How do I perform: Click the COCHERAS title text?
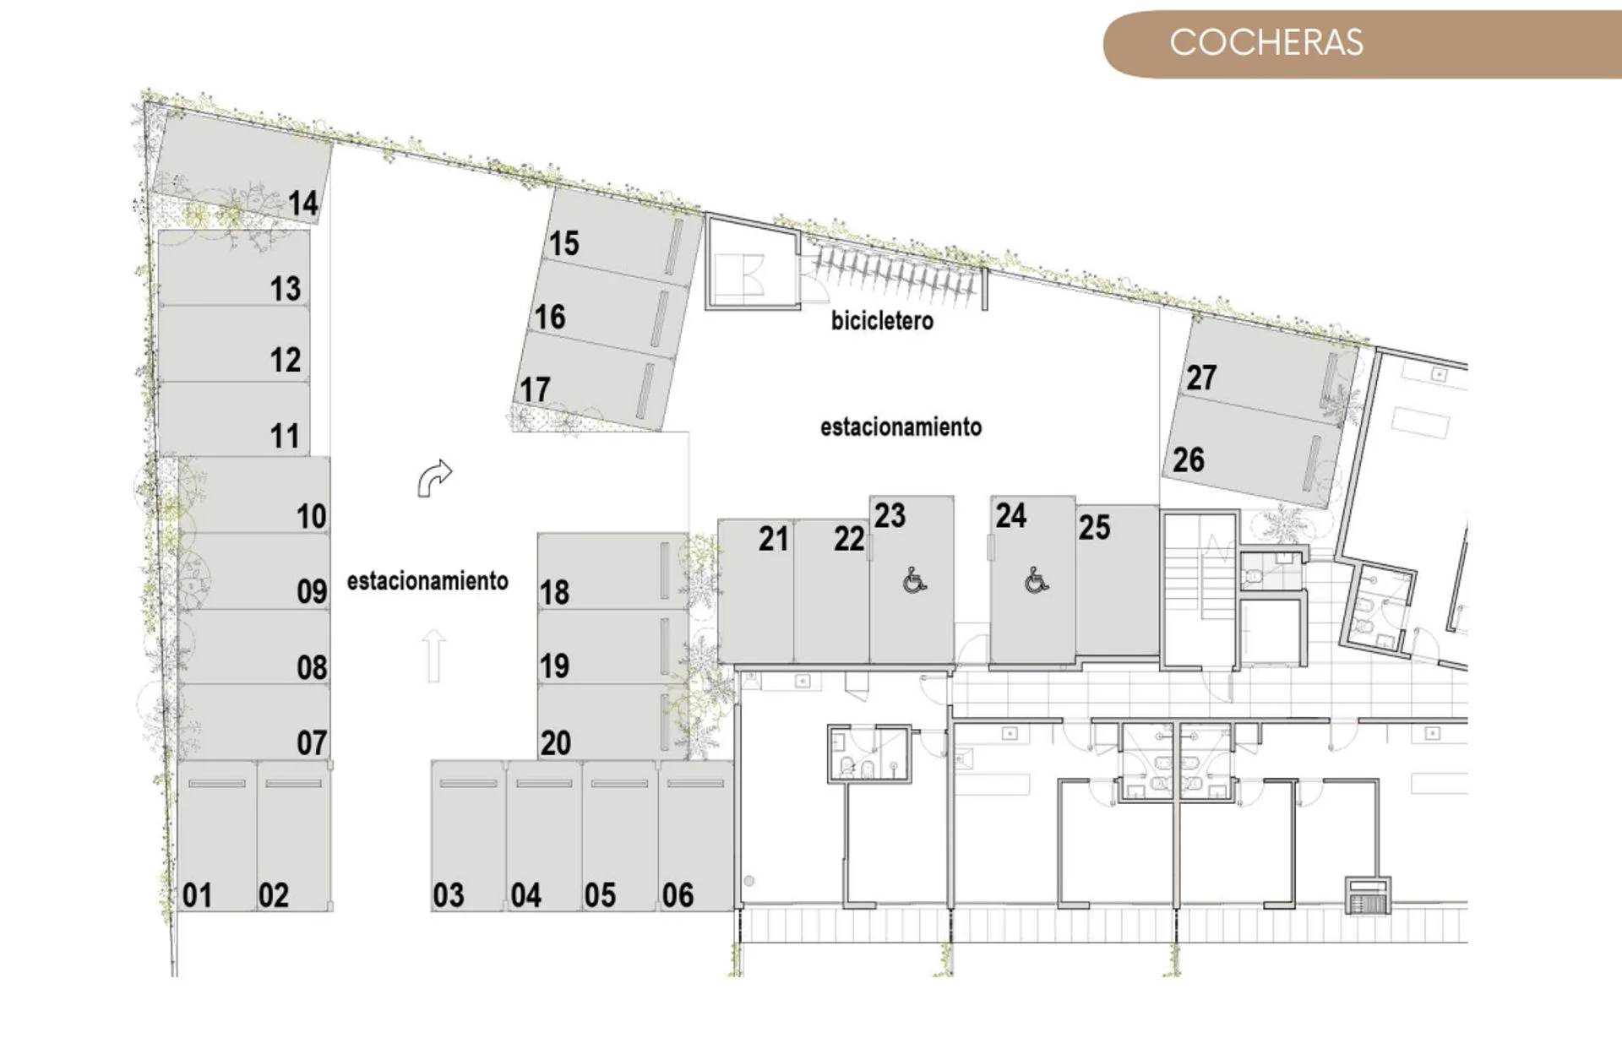pyautogui.click(x=1265, y=43)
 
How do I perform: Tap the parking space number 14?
pyautogui.click(x=302, y=204)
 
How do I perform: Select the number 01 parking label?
pyautogui.click(x=197, y=895)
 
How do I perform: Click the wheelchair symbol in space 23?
pyautogui.click(x=914, y=580)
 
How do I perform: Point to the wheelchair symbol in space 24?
pyautogui.click(x=1037, y=580)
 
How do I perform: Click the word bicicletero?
pyautogui.click(x=882, y=321)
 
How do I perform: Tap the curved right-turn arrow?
pyautogui.click(x=434, y=478)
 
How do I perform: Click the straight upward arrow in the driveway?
pyautogui.click(x=433, y=655)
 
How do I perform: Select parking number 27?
pyautogui.click(x=1201, y=378)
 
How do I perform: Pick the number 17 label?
pyautogui.click(x=535, y=390)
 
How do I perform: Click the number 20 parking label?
pyautogui.click(x=555, y=743)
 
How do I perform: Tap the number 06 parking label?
pyautogui.click(x=678, y=895)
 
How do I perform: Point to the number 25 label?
pyautogui.click(x=1094, y=528)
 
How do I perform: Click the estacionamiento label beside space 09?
pyautogui.click(x=427, y=581)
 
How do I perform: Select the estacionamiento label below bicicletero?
pyautogui.click(x=901, y=427)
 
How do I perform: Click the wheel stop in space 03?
pyautogui.click(x=469, y=784)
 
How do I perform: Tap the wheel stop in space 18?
pyautogui.click(x=665, y=571)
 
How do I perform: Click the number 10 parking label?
pyautogui.click(x=311, y=516)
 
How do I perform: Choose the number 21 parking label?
pyautogui.click(x=773, y=539)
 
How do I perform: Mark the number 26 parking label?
pyautogui.click(x=1188, y=460)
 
